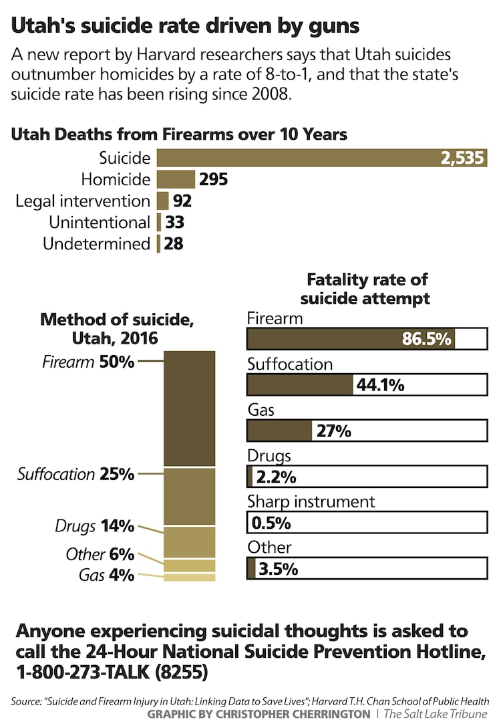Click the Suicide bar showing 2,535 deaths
coord(321,158)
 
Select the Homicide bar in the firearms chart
coord(176,179)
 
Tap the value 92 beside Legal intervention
coord(182,201)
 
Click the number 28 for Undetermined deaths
coord(174,243)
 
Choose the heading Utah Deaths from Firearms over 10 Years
coord(179,134)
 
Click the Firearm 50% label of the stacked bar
coord(88,362)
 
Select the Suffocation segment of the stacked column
coord(190,496)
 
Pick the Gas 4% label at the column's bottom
coord(106,575)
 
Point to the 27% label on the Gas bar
coord(333,431)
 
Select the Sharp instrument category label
coord(311,501)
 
